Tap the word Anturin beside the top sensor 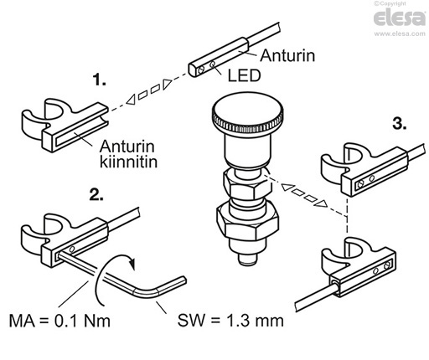(x=286, y=58)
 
